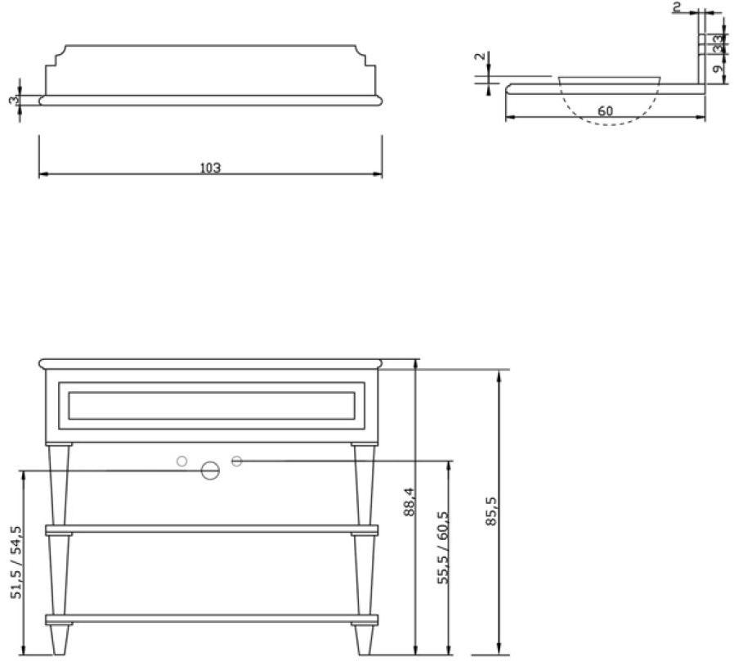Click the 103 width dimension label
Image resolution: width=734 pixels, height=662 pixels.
210,168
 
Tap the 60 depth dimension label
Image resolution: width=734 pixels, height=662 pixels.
605,111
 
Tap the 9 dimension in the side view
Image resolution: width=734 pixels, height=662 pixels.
717,70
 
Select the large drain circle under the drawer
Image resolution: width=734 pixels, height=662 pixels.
210,471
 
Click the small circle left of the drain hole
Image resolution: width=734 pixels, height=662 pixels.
182,462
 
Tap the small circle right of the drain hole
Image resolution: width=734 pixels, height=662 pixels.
237,462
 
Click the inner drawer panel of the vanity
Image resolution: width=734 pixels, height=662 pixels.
212,405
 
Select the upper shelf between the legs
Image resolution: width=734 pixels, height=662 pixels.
212,530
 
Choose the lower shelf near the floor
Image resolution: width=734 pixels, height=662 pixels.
212,619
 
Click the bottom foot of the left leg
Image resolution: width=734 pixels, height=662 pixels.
59,641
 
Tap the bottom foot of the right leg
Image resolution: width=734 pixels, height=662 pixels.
364,641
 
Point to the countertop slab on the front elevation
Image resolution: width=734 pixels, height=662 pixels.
212,363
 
